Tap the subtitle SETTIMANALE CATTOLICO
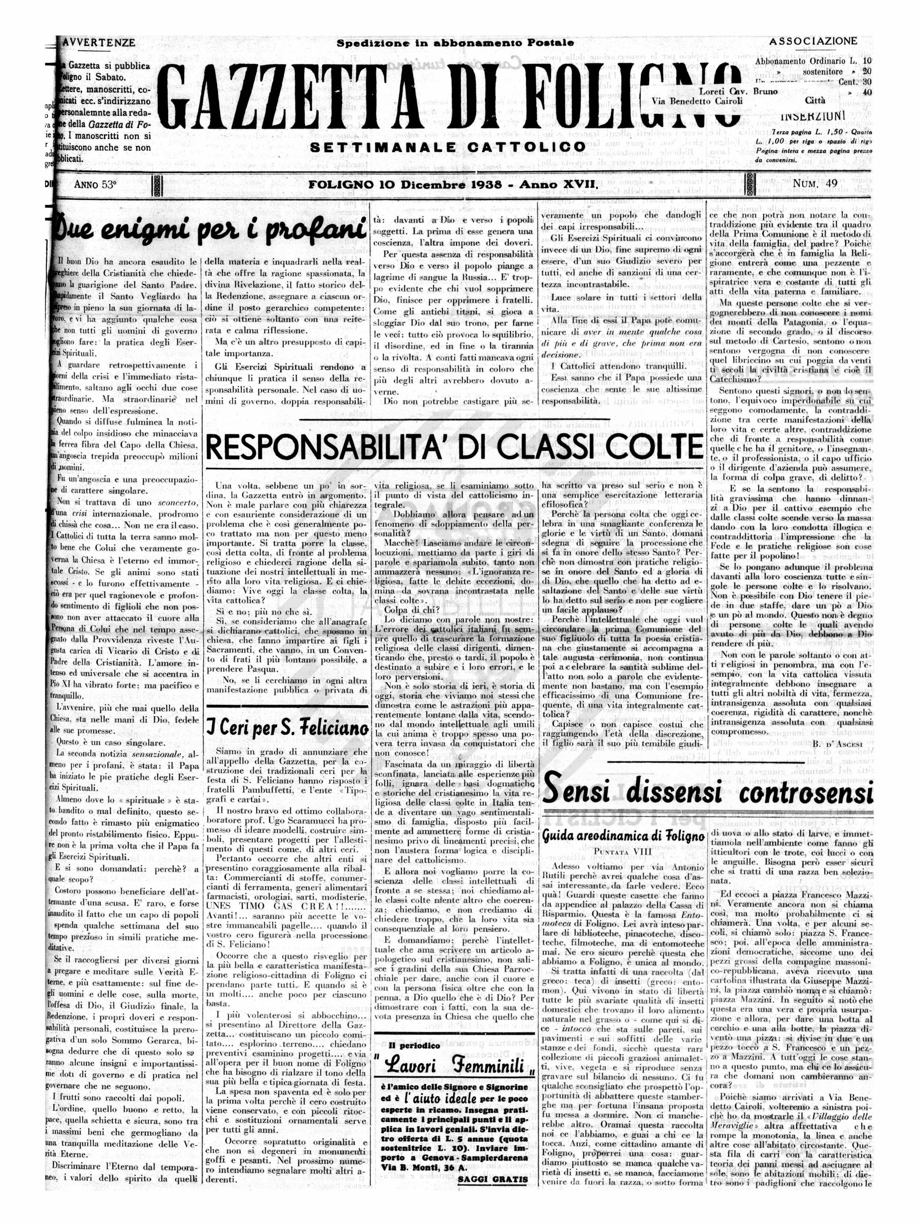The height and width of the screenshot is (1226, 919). pyautogui.click(x=447, y=147)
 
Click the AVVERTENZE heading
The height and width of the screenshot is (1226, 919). pyautogui.click(x=99, y=43)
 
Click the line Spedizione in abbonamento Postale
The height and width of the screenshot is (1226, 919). pyautogui.click(x=455, y=43)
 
